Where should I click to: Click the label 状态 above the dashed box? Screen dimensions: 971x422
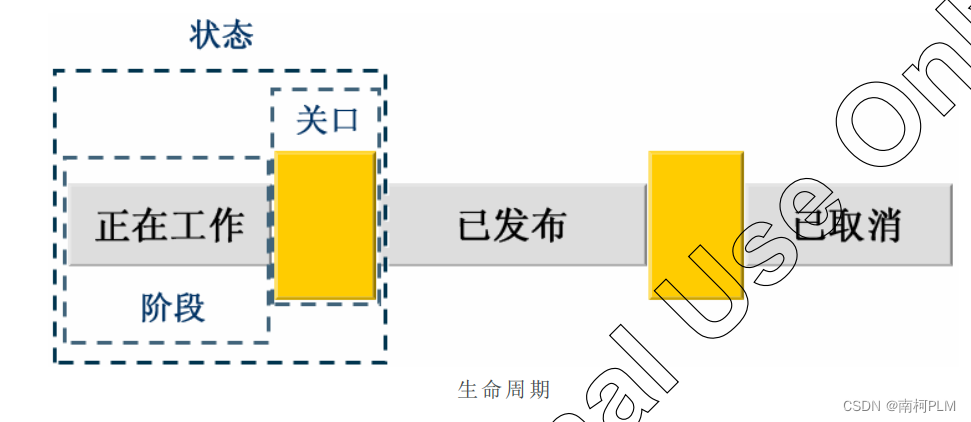(221, 35)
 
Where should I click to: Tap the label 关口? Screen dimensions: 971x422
(326, 120)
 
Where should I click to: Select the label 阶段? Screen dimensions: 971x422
(172, 307)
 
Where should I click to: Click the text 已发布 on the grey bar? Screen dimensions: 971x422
(512, 225)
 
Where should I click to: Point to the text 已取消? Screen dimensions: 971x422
(847, 225)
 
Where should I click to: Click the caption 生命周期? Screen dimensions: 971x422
(504, 390)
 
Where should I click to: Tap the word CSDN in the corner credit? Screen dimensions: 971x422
(860, 405)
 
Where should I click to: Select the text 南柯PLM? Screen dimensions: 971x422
(927, 405)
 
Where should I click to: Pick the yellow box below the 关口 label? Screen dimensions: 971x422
(325, 225)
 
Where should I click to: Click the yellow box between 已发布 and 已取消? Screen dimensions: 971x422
(695, 225)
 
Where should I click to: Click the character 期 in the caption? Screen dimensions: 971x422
(540, 390)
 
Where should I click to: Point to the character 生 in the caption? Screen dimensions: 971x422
(467, 390)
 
